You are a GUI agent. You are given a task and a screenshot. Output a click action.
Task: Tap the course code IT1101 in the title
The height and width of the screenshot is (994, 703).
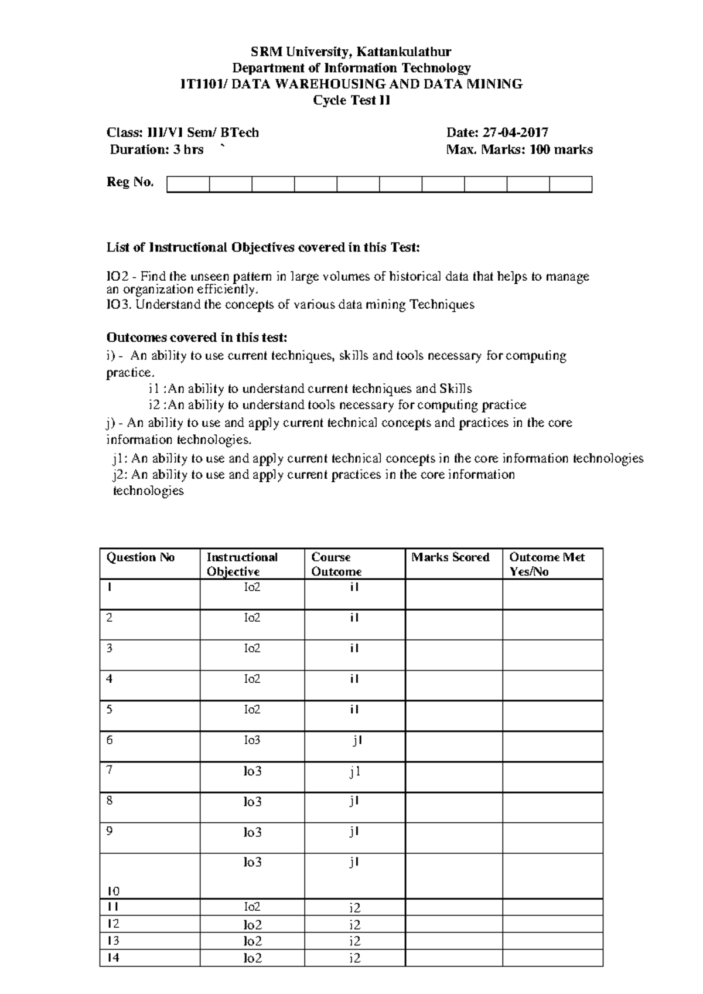click(x=201, y=84)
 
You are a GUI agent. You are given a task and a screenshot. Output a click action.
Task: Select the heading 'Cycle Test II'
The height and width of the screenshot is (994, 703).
click(x=351, y=100)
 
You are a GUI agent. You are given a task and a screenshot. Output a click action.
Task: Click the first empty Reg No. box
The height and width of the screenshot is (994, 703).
click(x=188, y=184)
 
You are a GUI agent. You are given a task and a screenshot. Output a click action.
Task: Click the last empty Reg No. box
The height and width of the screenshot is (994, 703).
click(x=570, y=184)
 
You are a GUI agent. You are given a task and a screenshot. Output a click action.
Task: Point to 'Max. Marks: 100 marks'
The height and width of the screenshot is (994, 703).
click(x=519, y=149)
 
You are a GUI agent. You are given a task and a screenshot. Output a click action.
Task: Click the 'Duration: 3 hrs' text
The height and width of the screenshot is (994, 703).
click(x=156, y=149)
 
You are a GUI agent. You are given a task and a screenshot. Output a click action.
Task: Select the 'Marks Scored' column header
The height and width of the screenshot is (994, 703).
click(x=450, y=557)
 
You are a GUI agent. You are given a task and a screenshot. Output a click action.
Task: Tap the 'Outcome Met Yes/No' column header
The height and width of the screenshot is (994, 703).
click(x=546, y=564)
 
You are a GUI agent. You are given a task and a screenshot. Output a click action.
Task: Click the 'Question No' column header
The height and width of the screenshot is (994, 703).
click(x=141, y=557)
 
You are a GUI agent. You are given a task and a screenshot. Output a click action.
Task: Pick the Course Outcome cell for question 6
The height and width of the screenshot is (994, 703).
click(x=354, y=741)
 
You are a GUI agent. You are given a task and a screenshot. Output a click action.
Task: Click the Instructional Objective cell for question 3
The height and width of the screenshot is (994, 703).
click(x=252, y=649)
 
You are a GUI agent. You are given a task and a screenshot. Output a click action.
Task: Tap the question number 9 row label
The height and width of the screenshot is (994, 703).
click(x=110, y=831)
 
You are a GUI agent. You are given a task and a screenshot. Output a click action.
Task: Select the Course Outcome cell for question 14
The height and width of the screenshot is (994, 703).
click(x=354, y=958)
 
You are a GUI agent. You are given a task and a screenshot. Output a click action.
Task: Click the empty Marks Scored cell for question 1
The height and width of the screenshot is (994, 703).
click(x=453, y=594)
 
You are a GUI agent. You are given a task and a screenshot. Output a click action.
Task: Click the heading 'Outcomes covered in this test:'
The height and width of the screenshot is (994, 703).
click(x=196, y=338)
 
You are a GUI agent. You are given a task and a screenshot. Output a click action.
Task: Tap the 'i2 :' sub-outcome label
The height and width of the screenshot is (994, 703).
click(x=157, y=405)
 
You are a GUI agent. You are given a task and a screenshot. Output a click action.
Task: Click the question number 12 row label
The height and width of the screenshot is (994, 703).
click(x=113, y=924)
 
